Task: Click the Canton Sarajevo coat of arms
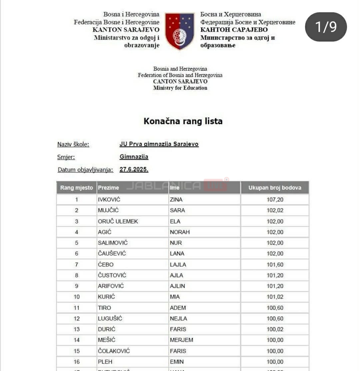click(180, 31)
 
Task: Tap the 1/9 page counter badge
click(326, 27)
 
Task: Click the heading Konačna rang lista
click(183, 121)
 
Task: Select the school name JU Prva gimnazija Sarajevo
click(159, 144)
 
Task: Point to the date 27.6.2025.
click(134, 170)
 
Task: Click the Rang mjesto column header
click(77, 188)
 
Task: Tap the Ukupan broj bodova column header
click(275, 188)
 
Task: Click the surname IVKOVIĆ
click(109, 200)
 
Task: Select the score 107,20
click(275, 200)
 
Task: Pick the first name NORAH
click(180, 232)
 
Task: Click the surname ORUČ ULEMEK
click(118, 221)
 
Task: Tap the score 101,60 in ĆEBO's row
click(275, 265)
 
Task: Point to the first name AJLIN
click(177, 286)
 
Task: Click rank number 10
click(77, 297)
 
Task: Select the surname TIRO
click(105, 308)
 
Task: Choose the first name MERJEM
click(181, 340)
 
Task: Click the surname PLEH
click(105, 362)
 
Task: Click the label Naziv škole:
click(73, 144)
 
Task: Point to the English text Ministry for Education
click(180, 88)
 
